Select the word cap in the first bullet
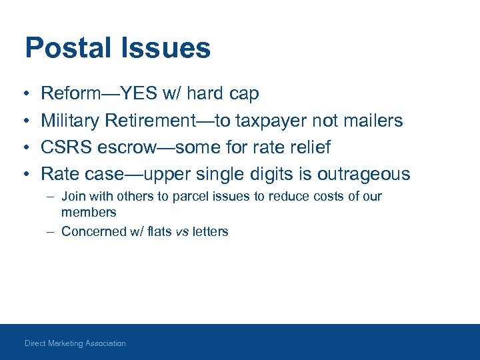pos(243,94)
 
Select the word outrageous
pos(363,174)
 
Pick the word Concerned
pos(93,232)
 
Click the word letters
pos(210,232)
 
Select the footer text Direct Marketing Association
pos(75,343)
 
